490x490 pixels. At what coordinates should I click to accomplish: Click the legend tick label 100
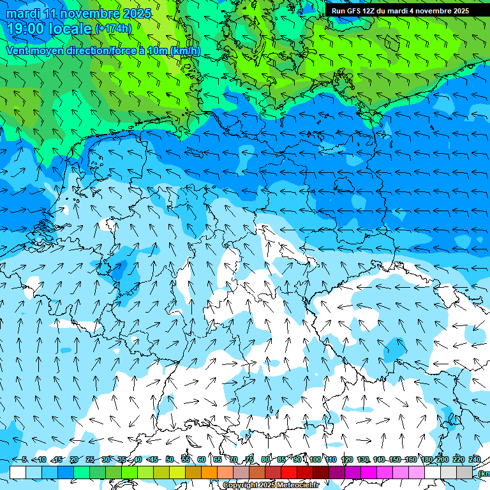(315, 459)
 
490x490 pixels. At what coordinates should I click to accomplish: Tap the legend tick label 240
(475, 459)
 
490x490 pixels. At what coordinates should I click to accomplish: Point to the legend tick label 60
(202, 459)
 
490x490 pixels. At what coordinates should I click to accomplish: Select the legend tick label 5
(24, 459)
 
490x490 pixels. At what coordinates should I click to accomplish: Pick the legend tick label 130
(363, 459)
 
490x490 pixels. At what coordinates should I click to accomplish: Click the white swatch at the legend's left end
(18, 472)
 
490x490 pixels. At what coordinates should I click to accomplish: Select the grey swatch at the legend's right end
(464, 472)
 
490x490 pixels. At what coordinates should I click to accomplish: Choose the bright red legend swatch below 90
(289, 472)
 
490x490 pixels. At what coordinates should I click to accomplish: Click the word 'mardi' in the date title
(24, 13)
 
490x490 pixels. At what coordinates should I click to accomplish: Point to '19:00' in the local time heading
(29, 29)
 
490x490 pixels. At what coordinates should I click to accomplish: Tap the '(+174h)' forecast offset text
(114, 29)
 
